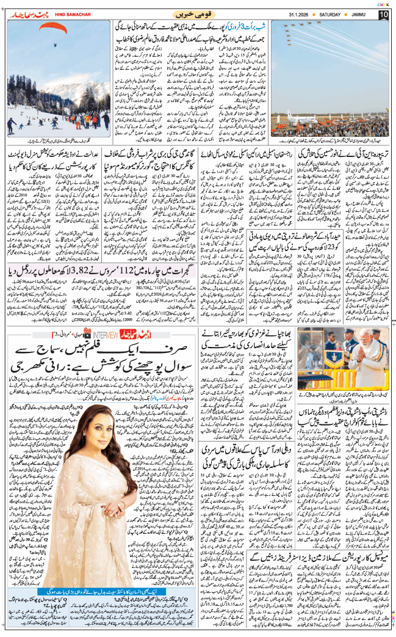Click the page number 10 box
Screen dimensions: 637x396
(383, 13)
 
